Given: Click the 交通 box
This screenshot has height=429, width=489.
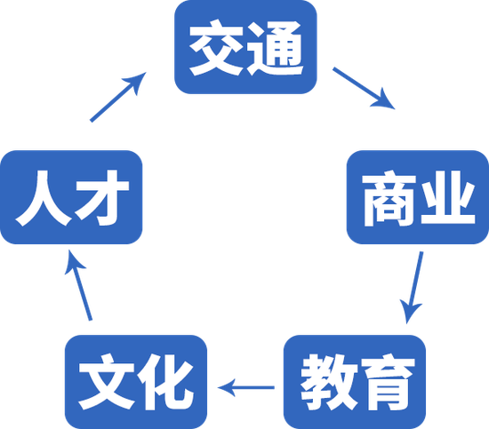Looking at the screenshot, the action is tap(245, 47).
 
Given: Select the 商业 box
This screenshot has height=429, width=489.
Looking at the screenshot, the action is tap(418, 197).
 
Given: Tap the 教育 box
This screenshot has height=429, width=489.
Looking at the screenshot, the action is tap(355, 382).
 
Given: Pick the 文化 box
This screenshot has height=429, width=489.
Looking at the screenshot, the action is tap(136, 382).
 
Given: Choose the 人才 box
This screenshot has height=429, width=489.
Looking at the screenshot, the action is tap(71, 197).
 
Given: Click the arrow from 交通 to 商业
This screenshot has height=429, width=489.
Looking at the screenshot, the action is tap(364, 88).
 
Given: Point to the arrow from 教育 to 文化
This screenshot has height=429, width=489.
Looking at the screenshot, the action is tap(245, 387).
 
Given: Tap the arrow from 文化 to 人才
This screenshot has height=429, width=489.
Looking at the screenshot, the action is tap(77, 285).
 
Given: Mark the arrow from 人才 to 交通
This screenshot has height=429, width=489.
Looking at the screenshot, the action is tap(118, 97).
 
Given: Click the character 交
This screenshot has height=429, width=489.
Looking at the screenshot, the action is tap(216, 48).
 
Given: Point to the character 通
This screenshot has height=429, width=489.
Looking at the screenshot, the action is tap(275, 48).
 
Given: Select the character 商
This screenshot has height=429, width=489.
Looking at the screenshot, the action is tap(389, 198).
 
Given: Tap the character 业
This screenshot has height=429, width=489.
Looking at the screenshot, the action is tap(447, 197).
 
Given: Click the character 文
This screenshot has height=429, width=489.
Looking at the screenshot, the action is tap(107, 382).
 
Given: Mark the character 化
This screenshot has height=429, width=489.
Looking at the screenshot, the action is tap(166, 382).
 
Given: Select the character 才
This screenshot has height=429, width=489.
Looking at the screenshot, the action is tap(102, 198).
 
